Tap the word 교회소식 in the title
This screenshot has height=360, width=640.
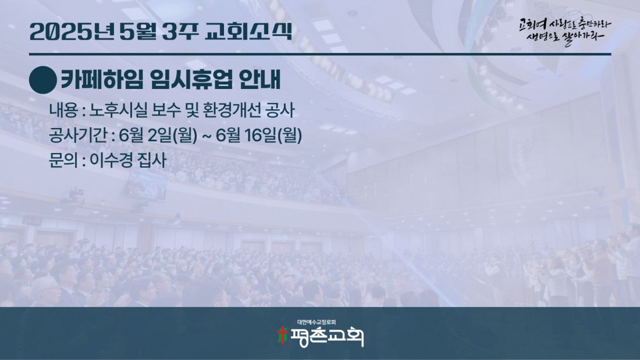(x=248, y=31)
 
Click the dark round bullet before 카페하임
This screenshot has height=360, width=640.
(x=43, y=80)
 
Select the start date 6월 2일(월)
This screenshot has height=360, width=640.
(x=158, y=136)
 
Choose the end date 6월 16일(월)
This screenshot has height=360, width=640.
(x=259, y=136)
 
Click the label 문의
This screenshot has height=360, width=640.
(x=63, y=160)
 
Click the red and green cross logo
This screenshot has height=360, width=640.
(x=282, y=336)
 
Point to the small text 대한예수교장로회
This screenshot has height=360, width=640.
(x=317, y=322)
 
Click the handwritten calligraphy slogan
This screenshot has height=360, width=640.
(x=565, y=31)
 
